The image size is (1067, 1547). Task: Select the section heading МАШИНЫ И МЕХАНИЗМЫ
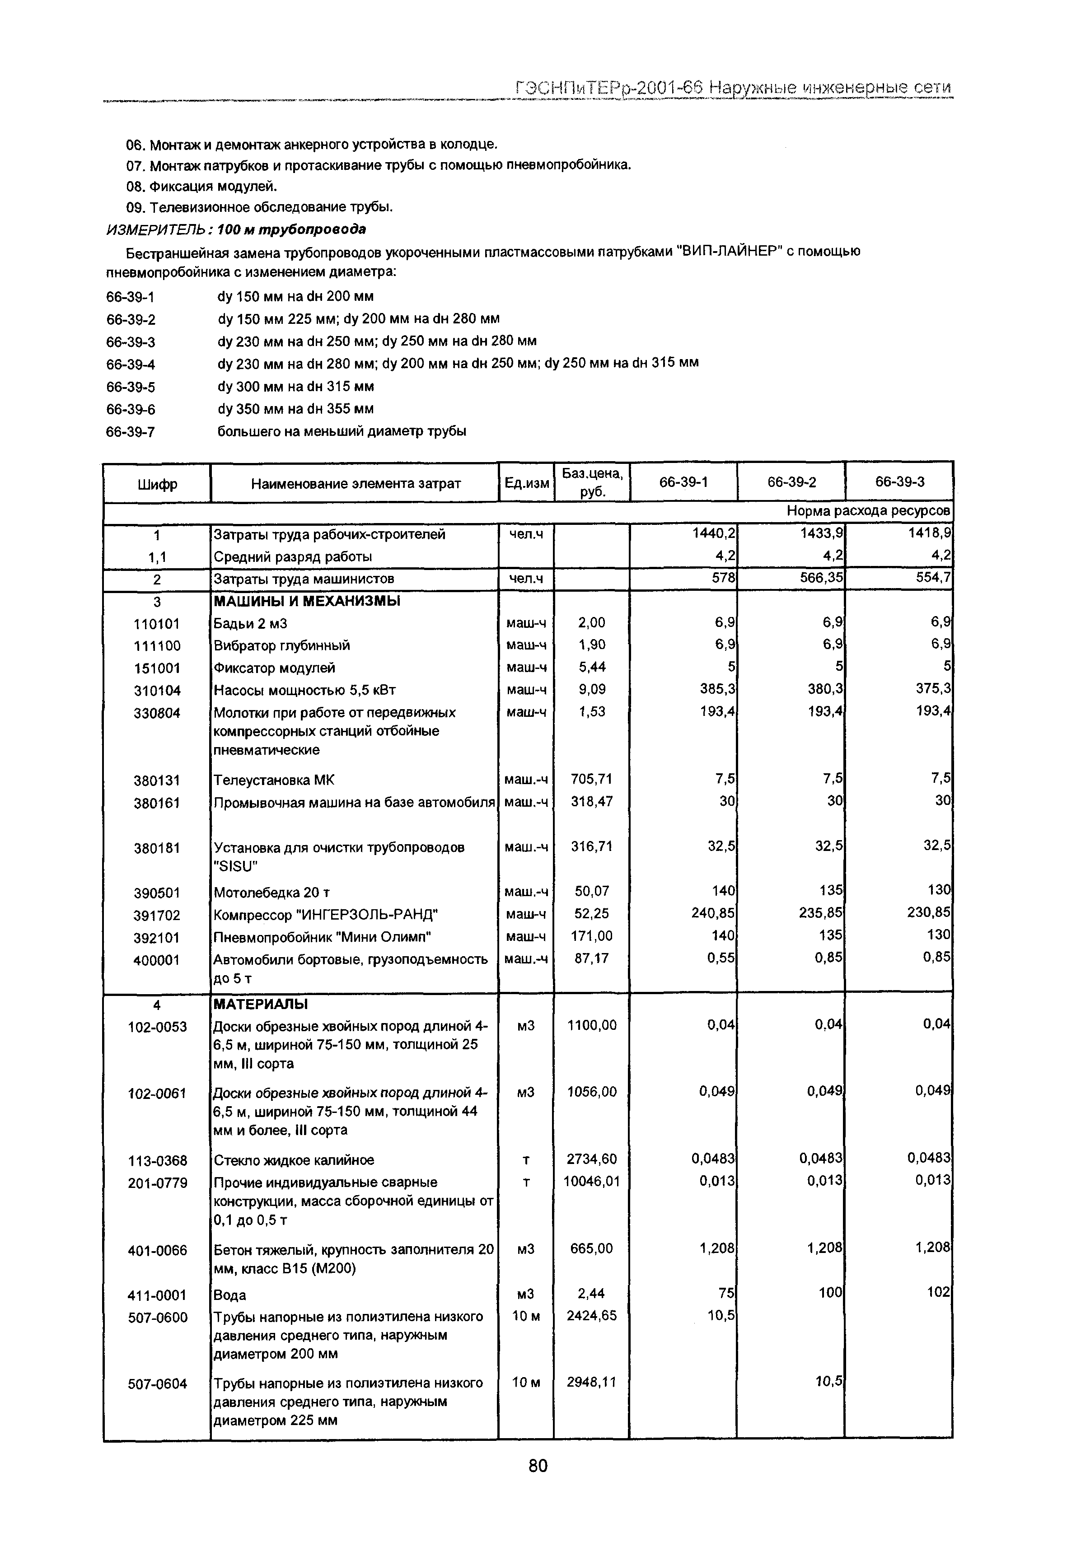[x=307, y=601]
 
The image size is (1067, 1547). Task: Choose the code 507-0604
[x=157, y=1383]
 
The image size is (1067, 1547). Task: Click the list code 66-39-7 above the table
[x=131, y=432]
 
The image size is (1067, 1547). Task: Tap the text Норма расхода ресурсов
[x=868, y=511]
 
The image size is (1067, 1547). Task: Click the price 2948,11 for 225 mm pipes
[x=591, y=1382]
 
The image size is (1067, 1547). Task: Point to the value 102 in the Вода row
[x=938, y=1292]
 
